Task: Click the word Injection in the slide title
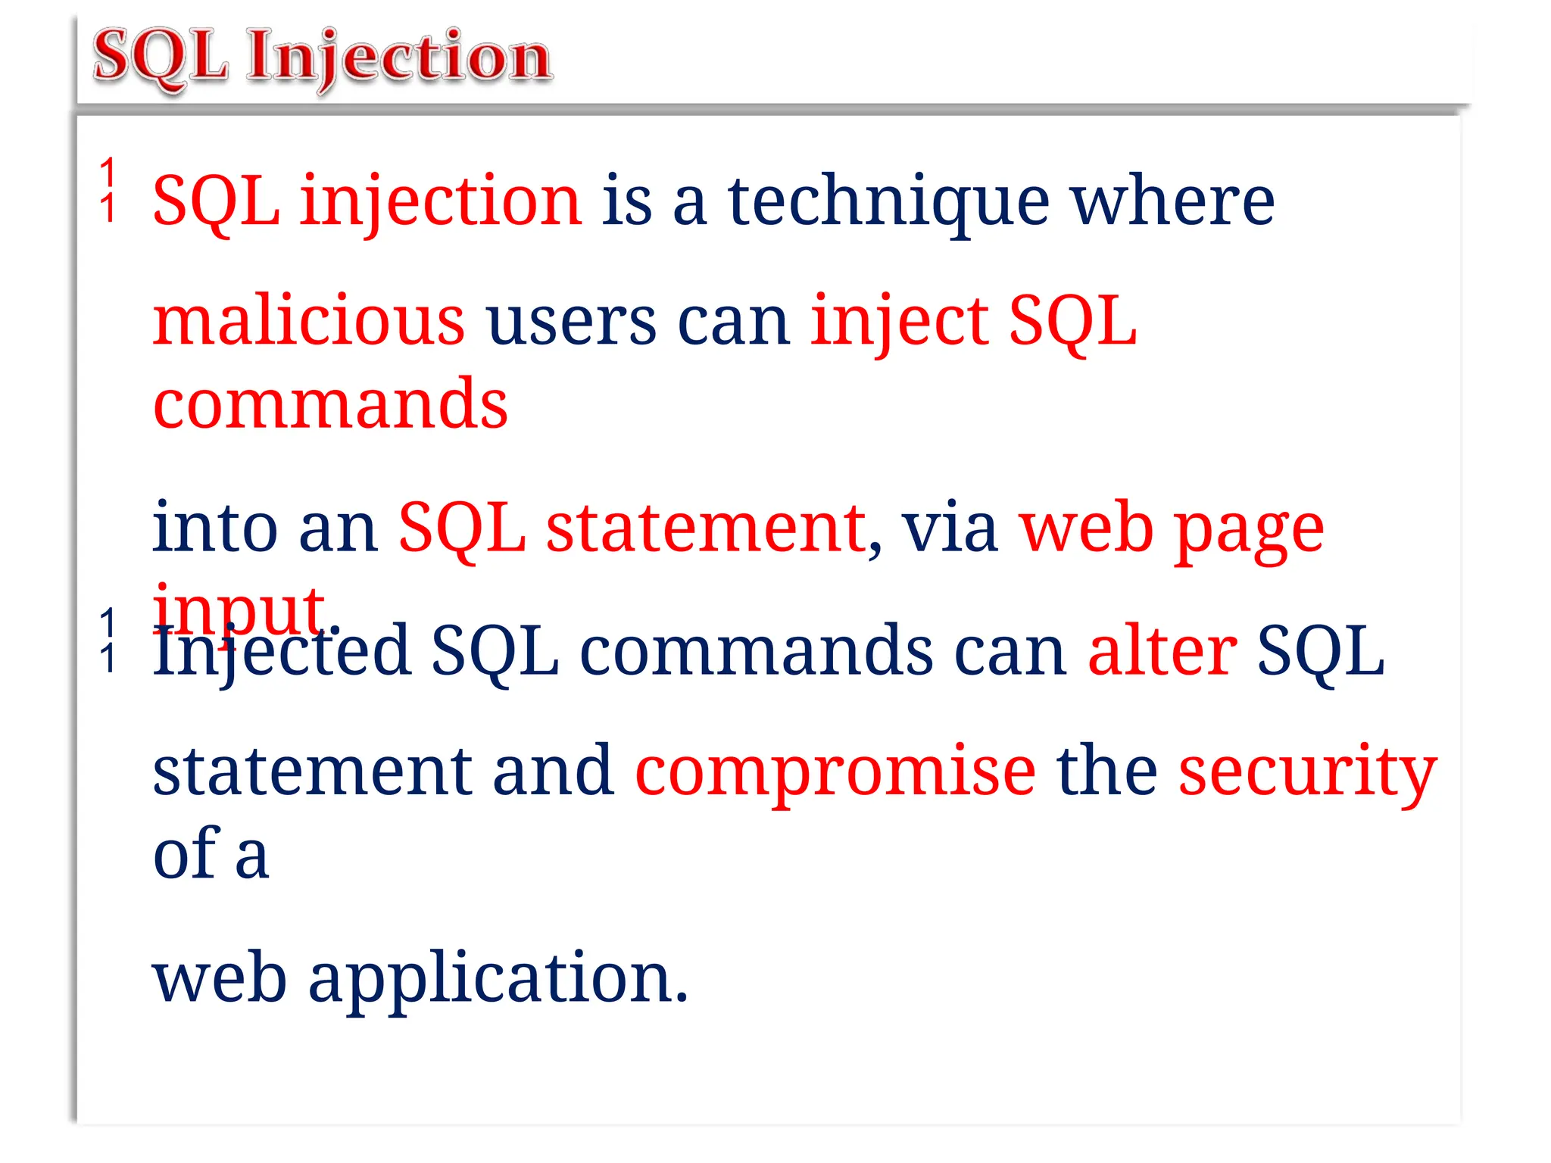click(x=399, y=58)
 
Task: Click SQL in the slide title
click(x=161, y=58)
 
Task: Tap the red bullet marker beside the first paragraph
click(x=109, y=189)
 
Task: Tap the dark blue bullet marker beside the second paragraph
click(x=109, y=640)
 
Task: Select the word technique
click(x=888, y=201)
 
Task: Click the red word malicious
click(x=309, y=321)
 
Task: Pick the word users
click(x=572, y=321)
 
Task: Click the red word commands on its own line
click(x=330, y=404)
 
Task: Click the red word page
click(x=1249, y=530)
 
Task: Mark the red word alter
click(x=1162, y=650)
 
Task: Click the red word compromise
click(x=835, y=772)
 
